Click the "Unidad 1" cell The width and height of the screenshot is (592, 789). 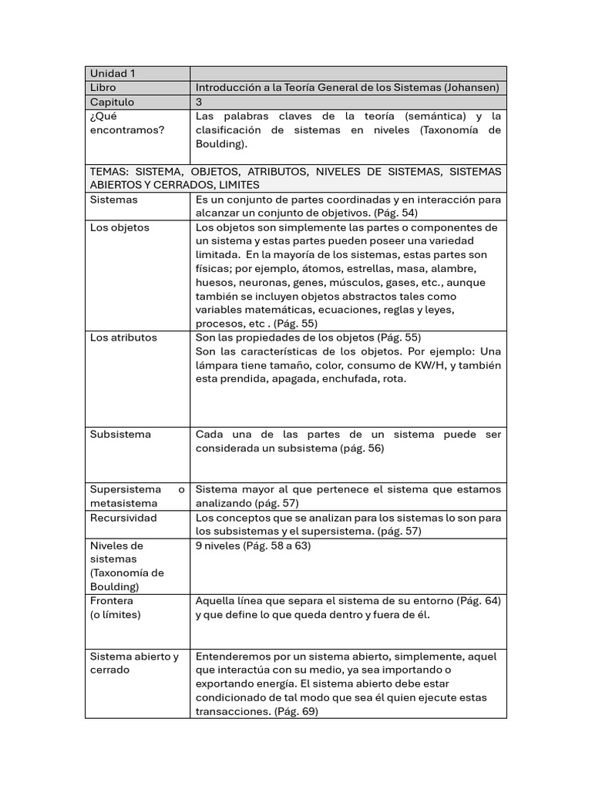(113, 74)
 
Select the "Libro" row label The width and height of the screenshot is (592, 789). (103, 88)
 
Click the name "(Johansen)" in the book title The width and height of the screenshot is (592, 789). (471, 88)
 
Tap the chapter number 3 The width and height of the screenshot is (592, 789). (199, 102)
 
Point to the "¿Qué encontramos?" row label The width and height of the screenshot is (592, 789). (127, 123)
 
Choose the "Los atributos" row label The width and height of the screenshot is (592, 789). (123, 337)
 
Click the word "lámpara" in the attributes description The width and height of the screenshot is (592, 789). (217, 365)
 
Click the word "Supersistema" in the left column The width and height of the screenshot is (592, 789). (126, 490)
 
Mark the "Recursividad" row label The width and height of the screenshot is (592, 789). (123, 518)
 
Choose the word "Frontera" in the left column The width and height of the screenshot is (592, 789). (112, 601)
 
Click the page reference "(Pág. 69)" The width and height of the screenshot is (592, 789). (295, 712)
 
